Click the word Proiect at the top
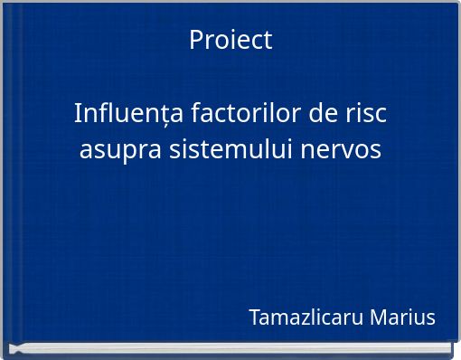pyautogui.click(x=230, y=41)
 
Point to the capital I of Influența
pyautogui.click(x=78, y=115)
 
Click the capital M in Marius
pyautogui.click(x=379, y=318)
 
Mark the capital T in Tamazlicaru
pyautogui.click(x=254, y=318)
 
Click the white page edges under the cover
pyautogui.click(x=230, y=349)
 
